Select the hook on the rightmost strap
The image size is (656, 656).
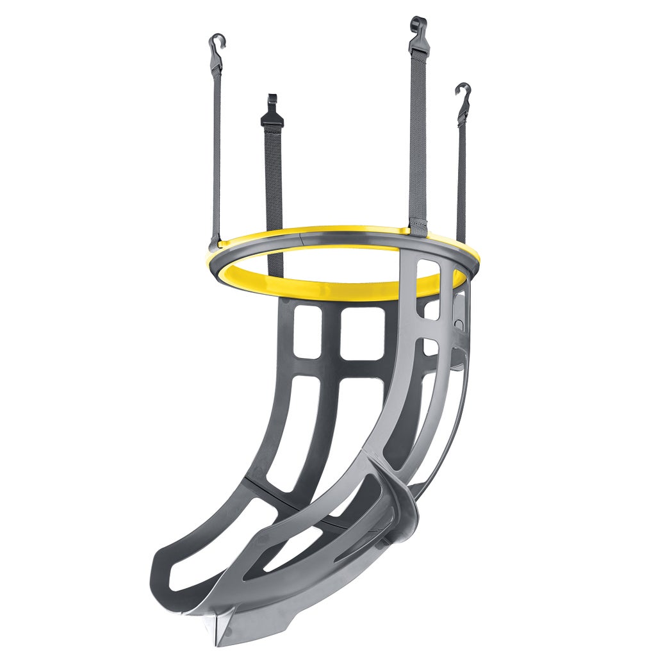[x=463, y=96]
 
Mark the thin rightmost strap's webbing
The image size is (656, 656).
[x=461, y=179]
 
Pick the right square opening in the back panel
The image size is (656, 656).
[x=362, y=333]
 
